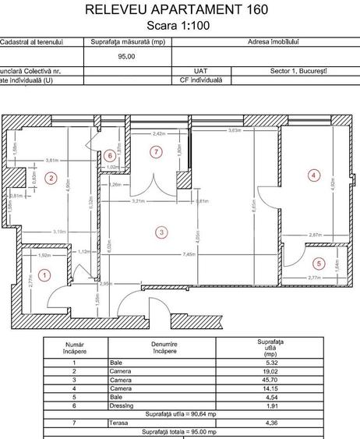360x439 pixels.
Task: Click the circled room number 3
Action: [161, 232]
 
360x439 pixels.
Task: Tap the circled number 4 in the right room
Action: [314, 175]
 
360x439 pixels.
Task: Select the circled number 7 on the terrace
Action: [157, 150]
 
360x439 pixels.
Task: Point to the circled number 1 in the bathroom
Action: [45, 274]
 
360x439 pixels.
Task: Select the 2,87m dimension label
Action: [312, 235]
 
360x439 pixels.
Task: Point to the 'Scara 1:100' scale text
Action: [179, 25]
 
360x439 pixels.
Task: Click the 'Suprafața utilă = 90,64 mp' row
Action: [180, 414]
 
